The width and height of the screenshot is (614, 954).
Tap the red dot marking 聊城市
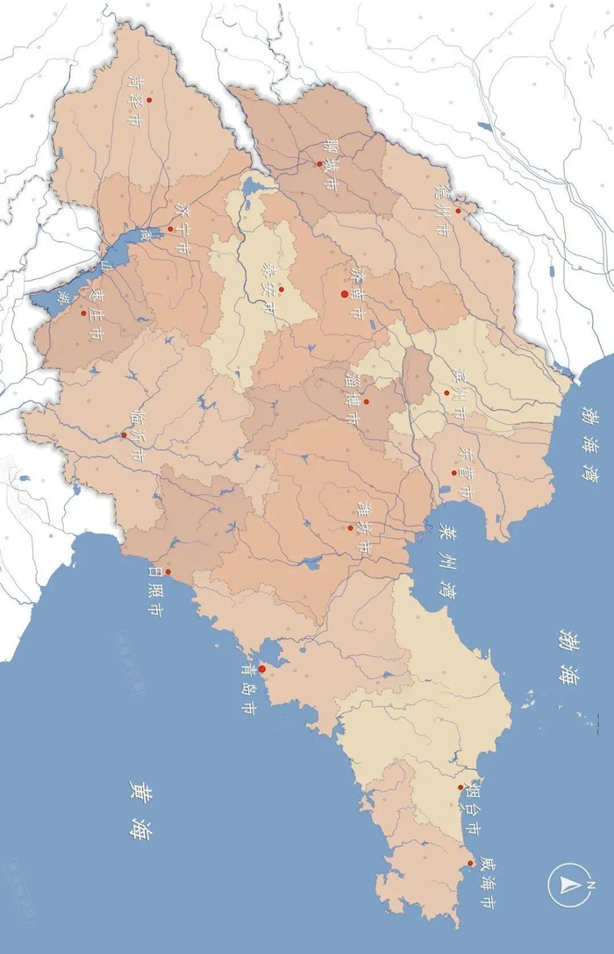(319, 163)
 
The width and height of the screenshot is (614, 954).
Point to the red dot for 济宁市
(170, 228)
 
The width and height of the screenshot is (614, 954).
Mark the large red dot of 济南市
(345, 294)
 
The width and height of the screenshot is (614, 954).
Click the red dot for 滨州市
(446, 391)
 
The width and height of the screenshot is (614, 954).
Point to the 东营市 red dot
(454, 472)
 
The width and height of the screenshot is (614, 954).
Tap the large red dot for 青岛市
(261, 669)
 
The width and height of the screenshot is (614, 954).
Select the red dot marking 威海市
(471, 864)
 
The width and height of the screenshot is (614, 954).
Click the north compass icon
(569, 885)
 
